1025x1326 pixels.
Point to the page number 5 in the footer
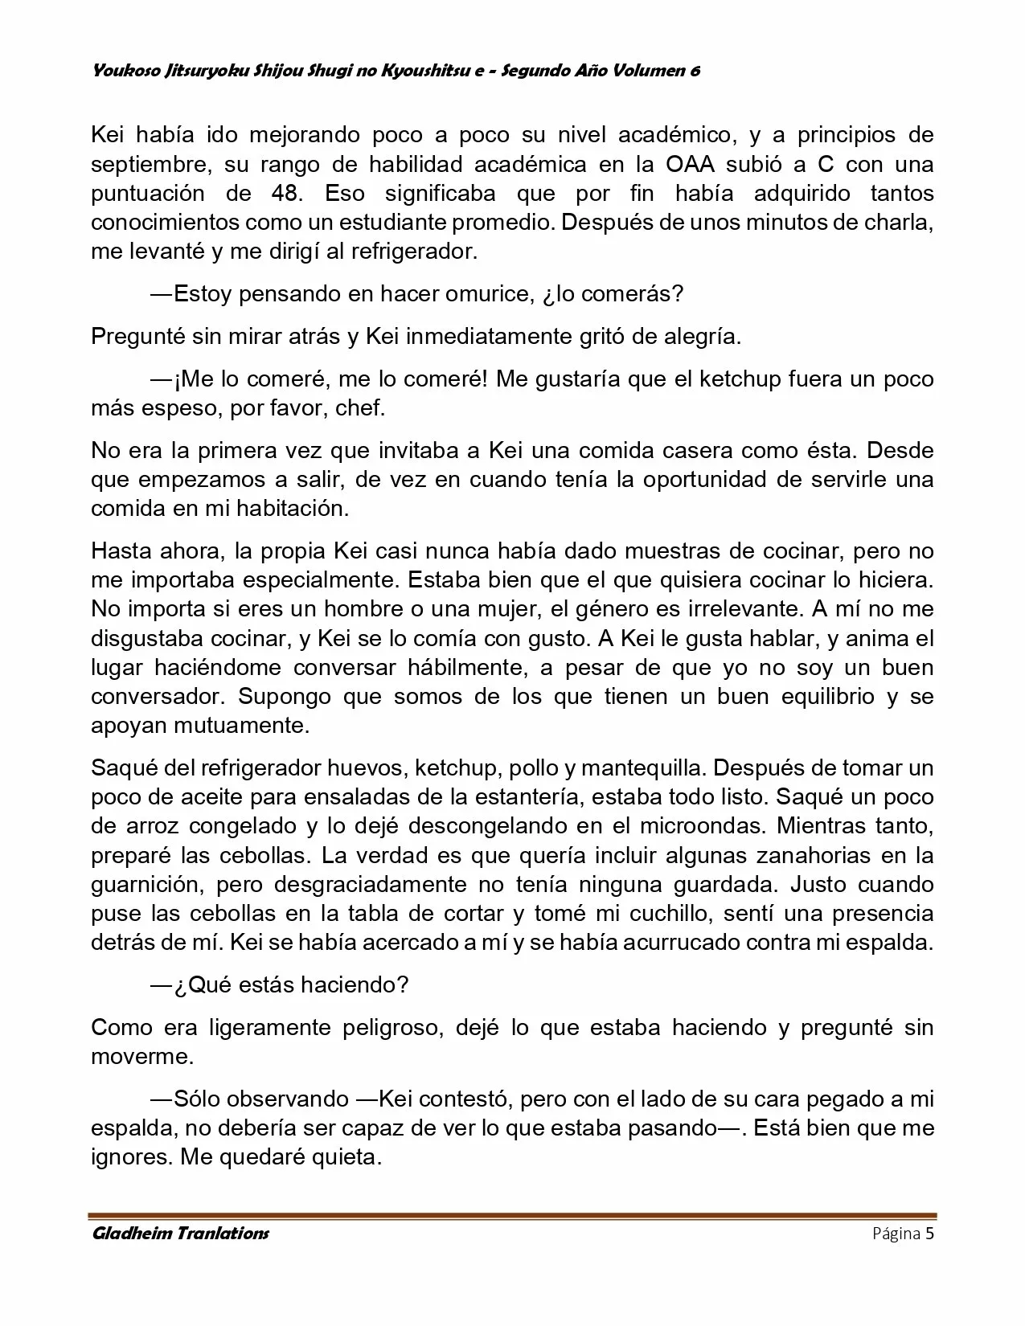coord(929,1234)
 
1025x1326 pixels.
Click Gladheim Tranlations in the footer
coord(180,1234)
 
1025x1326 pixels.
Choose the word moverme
coord(142,1056)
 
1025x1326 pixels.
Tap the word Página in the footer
coord(896,1234)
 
